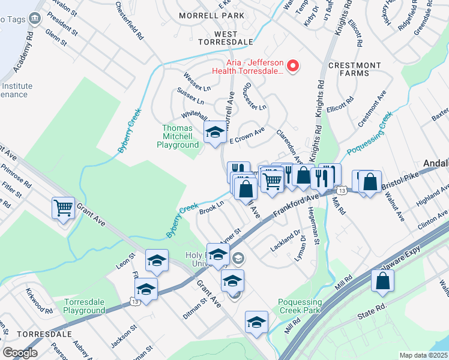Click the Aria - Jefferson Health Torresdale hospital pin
click(x=294, y=65)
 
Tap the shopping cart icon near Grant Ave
click(x=63, y=208)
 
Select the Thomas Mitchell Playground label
click(x=178, y=136)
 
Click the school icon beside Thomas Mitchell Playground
click(x=215, y=133)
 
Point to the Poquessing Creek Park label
click(x=301, y=306)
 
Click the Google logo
click(x=20, y=352)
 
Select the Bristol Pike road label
click(x=401, y=179)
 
